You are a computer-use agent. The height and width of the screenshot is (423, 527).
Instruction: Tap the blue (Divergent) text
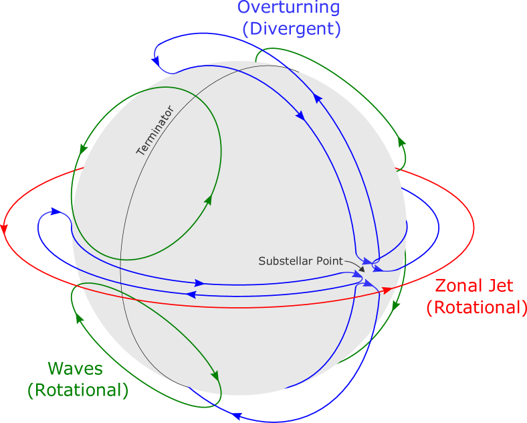292,29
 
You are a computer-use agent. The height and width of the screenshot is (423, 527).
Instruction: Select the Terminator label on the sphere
154,131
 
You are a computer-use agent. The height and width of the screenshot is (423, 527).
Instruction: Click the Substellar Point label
300,261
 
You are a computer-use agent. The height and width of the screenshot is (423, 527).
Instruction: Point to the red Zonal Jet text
474,286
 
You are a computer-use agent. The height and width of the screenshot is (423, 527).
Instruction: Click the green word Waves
75,369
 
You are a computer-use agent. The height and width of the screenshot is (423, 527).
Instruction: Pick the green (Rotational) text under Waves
78,390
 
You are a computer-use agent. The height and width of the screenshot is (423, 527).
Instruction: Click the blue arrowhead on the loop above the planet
156,61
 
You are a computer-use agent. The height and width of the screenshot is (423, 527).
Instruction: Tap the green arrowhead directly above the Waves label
79,317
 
